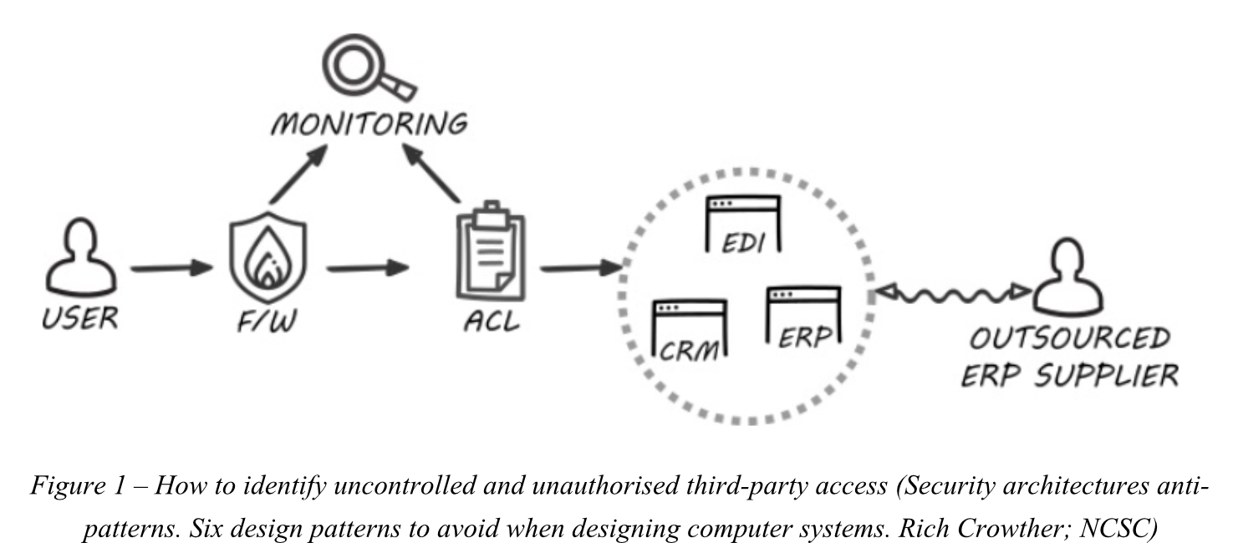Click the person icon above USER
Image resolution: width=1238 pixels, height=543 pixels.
[x=81, y=261]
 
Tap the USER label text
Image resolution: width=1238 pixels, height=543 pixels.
[x=81, y=317]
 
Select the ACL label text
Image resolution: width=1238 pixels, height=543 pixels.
[x=491, y=319]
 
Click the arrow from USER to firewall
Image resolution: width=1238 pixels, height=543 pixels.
[x=171, y=269]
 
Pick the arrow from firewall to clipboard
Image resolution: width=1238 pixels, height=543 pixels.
[x=368, y=269]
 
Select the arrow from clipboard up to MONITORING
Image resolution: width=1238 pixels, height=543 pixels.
[x=433, y=173]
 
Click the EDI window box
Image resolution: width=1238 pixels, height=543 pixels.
[x=742, y=224]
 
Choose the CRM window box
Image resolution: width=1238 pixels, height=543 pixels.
[x=688, y=329]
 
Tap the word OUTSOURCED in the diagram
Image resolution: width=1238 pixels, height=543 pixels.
[x=1070, y=339]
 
